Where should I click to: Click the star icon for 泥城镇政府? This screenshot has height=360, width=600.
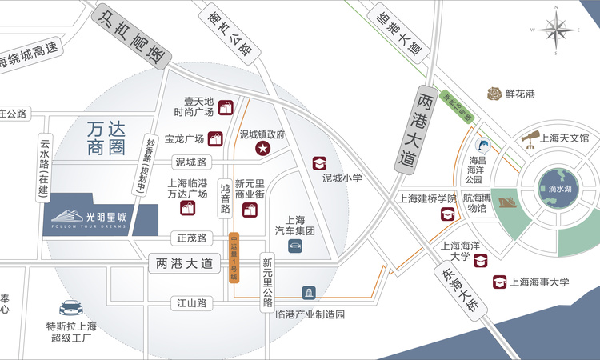pyautogui.click(x=261, y=149)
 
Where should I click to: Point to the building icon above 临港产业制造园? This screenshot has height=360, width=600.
pyautogui.click(x=308, y=294)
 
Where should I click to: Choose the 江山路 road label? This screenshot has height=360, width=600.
pyautogui.click(x=192, y=303)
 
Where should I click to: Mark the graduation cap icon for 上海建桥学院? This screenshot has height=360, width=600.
pyautogui.click(x=446, y=214)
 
